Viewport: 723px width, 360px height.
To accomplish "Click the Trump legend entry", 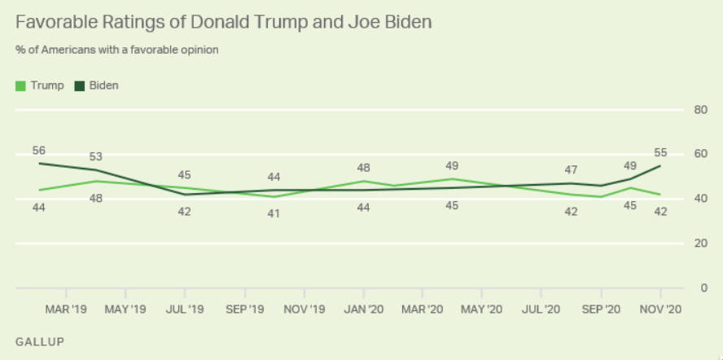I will (40, 85).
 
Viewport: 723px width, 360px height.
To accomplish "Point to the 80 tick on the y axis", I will (699, 110).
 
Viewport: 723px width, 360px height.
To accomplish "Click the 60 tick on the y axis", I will (699, 154).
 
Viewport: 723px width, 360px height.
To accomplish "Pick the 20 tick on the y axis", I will (699, 243).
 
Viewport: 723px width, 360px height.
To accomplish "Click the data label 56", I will (39, 151).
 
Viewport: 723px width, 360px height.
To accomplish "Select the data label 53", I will (96, 156).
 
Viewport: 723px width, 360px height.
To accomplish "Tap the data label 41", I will (274, 213).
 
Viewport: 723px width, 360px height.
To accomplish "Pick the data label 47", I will (572, 170).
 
